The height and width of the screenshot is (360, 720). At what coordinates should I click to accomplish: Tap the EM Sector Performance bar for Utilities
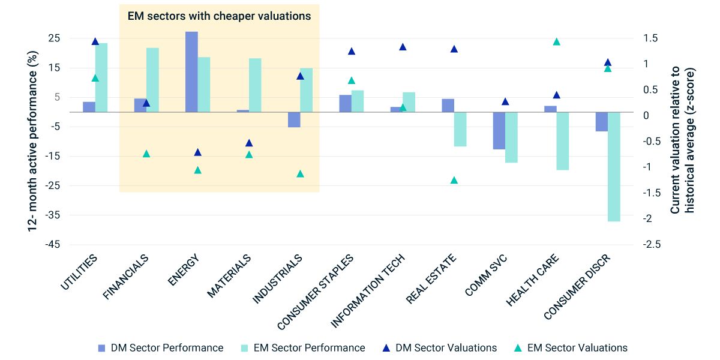(x=101, y=77)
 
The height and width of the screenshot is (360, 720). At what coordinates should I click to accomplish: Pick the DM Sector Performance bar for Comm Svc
(x=499, y=130)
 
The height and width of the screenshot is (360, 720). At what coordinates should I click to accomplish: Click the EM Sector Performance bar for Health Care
(x=563, y=141)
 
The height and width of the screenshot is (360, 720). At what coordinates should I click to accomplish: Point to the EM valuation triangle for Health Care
(x=556, y=42)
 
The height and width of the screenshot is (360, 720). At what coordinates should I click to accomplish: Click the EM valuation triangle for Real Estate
(x=454, y=180)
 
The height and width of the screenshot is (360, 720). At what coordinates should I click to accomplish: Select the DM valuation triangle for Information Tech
(x=403, y=47)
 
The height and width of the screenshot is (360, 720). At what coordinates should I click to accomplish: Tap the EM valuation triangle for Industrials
(x=300, y=174)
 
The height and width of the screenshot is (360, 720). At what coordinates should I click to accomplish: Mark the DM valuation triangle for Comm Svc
(x=505, y=101)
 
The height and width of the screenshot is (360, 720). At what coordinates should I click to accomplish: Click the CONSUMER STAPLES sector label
(x=315, y=292)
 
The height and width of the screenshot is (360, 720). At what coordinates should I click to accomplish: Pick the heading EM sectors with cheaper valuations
(x=220, y=16)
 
